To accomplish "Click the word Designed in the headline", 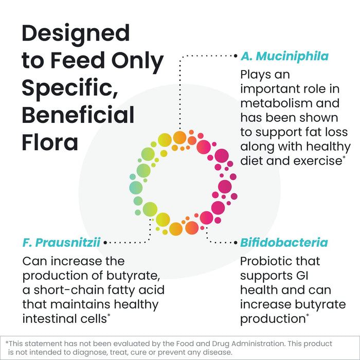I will pos(76,34).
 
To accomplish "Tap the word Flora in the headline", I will pos(50,142).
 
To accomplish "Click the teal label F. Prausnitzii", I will pos(61,241).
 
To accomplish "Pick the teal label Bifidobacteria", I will pos(284,242).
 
